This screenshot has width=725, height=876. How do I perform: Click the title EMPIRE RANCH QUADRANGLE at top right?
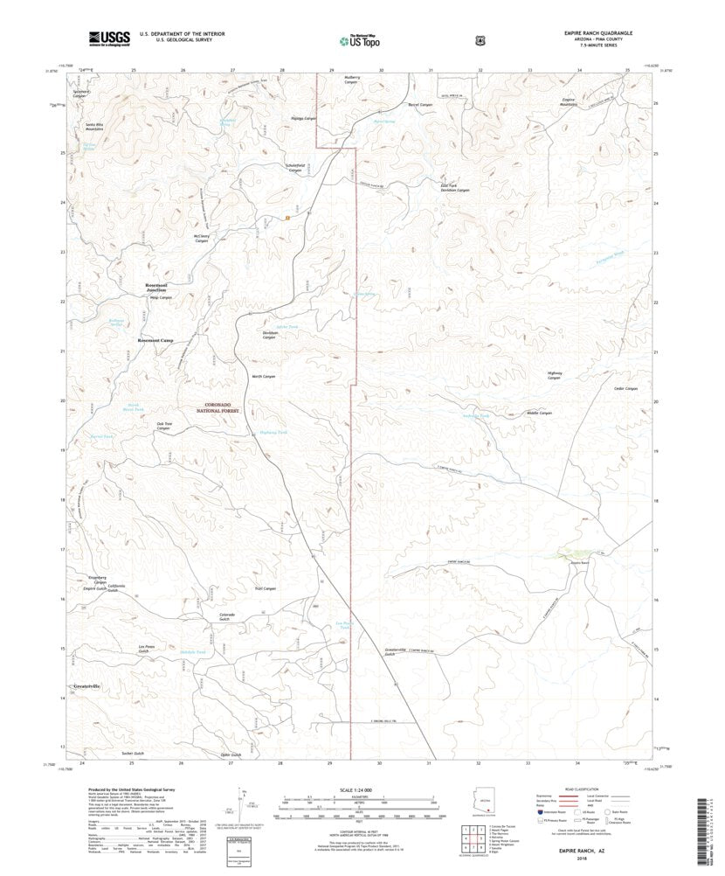tap(598, 31)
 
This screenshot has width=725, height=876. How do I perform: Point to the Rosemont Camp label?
tap(156, 340)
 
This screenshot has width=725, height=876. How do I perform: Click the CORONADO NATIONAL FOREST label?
tap(224, 407)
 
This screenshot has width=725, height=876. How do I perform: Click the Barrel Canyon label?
tap(421, 105)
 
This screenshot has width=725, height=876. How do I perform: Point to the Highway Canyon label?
tap(554, 375)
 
